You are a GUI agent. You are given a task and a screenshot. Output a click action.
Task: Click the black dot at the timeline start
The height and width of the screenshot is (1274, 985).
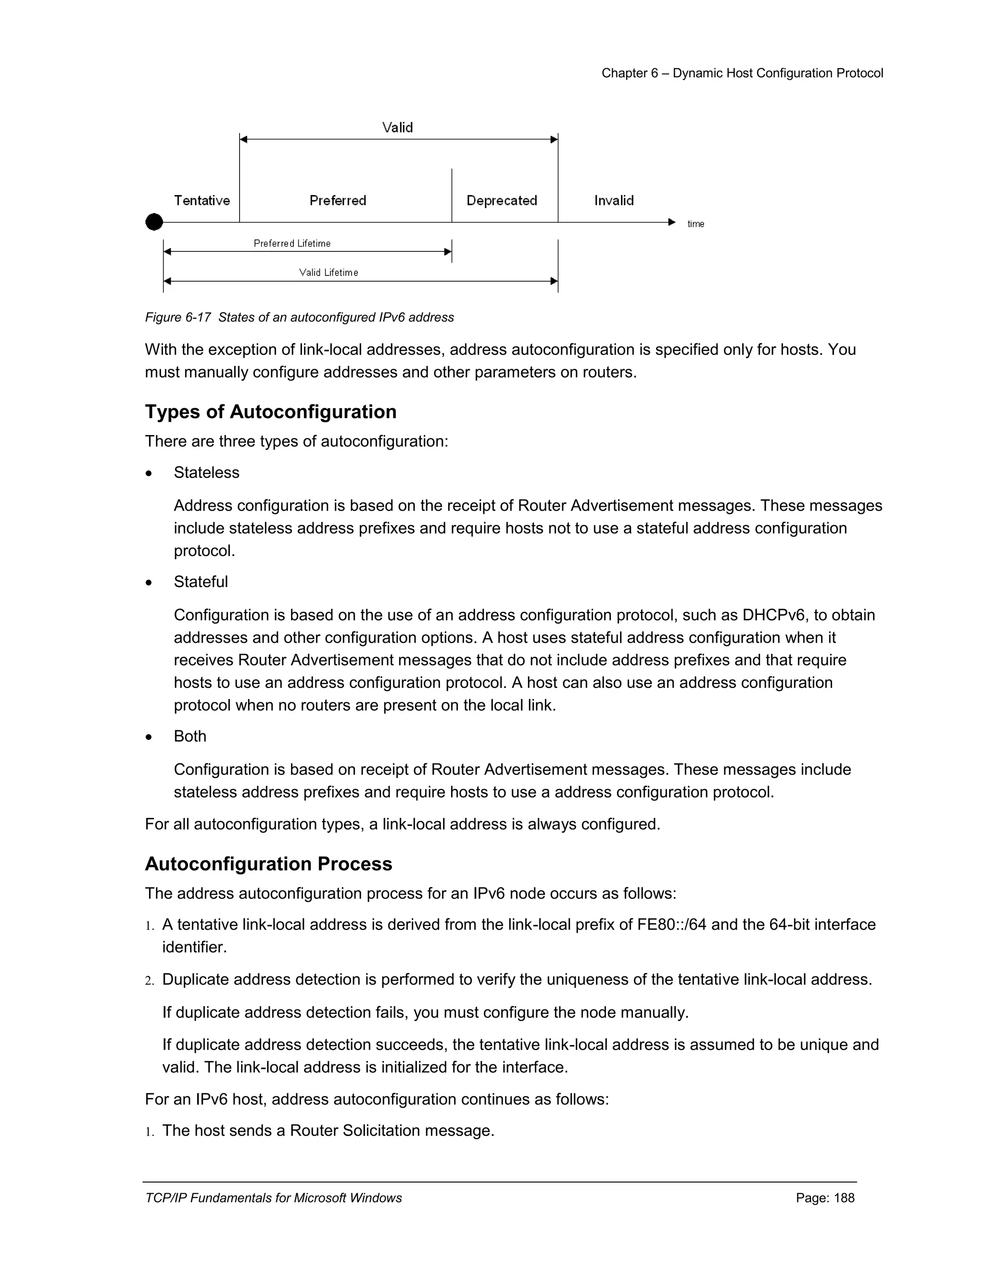(154, 222)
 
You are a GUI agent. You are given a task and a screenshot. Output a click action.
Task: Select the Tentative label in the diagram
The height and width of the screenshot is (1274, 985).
(202, 200)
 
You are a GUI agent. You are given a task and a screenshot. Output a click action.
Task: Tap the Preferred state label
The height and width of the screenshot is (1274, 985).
(338, 200)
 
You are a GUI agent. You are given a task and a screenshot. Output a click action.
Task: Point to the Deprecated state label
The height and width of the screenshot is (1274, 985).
(502, 200)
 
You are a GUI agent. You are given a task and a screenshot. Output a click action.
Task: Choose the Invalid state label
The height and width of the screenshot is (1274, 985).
(614, 200)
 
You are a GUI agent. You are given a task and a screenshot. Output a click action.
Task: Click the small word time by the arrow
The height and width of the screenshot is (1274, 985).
(695, 224)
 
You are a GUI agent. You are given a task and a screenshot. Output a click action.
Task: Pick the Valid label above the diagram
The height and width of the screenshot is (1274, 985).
(397, 128)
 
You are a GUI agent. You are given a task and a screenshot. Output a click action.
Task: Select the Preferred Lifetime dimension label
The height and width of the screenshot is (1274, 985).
(292, 243)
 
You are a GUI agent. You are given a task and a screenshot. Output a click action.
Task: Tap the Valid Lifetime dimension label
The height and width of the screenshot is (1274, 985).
(328, 273)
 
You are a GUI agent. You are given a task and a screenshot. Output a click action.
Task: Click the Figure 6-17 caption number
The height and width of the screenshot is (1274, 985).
(178, 317)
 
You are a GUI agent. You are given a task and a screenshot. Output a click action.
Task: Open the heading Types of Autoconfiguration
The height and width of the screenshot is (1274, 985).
(271, 412)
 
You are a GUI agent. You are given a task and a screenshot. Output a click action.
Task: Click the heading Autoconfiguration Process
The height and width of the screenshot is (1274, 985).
(268, 864)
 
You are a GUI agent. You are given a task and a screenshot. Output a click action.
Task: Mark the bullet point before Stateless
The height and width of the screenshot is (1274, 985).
(150, 473)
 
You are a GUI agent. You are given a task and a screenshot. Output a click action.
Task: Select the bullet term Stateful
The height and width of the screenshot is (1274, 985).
(201, 582)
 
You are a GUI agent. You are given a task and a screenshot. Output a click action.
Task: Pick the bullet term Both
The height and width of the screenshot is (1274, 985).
(190, 736)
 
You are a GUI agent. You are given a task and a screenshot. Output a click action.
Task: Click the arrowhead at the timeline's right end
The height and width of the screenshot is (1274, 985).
(671, 222)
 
